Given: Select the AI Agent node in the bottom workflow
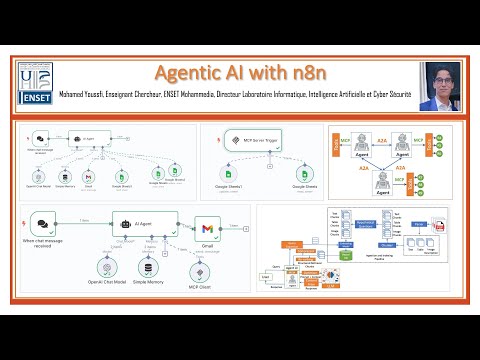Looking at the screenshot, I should click(144, 224).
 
